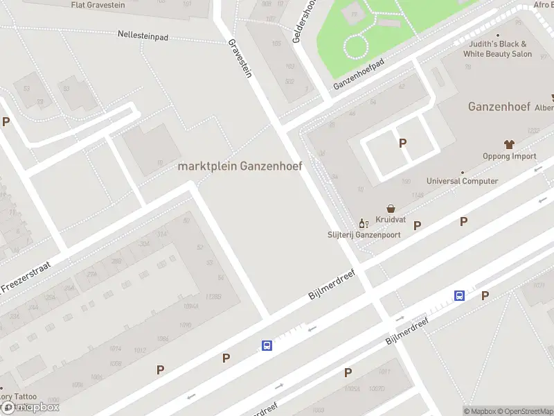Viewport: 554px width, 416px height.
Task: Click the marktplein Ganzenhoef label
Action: click(240, 166)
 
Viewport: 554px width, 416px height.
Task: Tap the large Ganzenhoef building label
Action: click(499, 107)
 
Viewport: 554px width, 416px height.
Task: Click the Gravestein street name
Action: click(240, 58)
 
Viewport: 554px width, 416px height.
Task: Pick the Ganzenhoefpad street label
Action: click(358, 74)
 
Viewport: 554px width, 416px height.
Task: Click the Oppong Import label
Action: click(509, 156)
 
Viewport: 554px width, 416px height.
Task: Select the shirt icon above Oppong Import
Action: click(509, 144)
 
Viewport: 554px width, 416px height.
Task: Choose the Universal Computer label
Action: click(462, 181)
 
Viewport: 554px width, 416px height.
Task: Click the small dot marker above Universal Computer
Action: click(462, 172)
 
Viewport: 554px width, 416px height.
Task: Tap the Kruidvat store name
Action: click(391, 219)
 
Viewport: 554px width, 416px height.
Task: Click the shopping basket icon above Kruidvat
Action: click(391, 208)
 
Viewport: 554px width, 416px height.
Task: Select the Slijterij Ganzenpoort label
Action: click(364, 234)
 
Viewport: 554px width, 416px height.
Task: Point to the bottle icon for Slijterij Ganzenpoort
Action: click(361, 223)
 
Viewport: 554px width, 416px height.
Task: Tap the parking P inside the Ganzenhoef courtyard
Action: click(402, 144)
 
